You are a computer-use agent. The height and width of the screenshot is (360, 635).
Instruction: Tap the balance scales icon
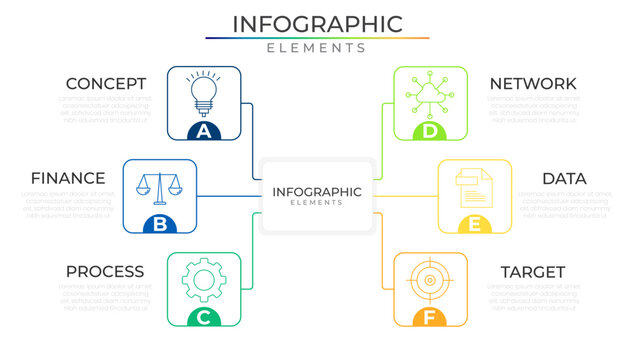point(160,185)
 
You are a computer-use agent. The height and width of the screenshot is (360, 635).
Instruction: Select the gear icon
point(204,279)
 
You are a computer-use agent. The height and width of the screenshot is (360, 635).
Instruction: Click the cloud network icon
point(430,93)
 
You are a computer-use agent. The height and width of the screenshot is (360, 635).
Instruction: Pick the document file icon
point(474,186)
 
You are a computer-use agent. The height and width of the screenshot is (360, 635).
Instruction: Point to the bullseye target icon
point(430,280)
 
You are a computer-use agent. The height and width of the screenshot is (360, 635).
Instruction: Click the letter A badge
point(204,131)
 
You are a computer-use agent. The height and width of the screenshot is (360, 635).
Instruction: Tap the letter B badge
point(160,224)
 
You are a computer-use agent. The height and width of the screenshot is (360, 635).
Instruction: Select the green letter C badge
point(204,318)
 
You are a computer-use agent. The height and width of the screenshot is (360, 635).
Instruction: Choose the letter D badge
point(430,131)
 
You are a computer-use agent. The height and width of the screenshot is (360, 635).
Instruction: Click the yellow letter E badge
point(474,224)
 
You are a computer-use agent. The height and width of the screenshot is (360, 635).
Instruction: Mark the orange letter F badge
point(430,318)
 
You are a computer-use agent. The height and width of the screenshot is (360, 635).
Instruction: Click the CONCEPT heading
point(106,84)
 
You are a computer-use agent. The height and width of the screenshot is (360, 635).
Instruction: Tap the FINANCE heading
point(68,178)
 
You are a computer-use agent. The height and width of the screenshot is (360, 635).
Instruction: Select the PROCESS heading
point(105,272)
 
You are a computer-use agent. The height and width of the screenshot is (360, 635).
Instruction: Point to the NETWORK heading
point(533,84)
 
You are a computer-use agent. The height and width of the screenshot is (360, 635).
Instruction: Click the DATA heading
point(564,178)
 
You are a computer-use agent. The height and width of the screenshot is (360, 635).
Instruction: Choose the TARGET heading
point(533,272)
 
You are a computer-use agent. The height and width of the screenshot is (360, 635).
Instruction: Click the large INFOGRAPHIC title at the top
point(317,24)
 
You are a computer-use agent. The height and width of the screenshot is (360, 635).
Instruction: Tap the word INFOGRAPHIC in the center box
point(317,191)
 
